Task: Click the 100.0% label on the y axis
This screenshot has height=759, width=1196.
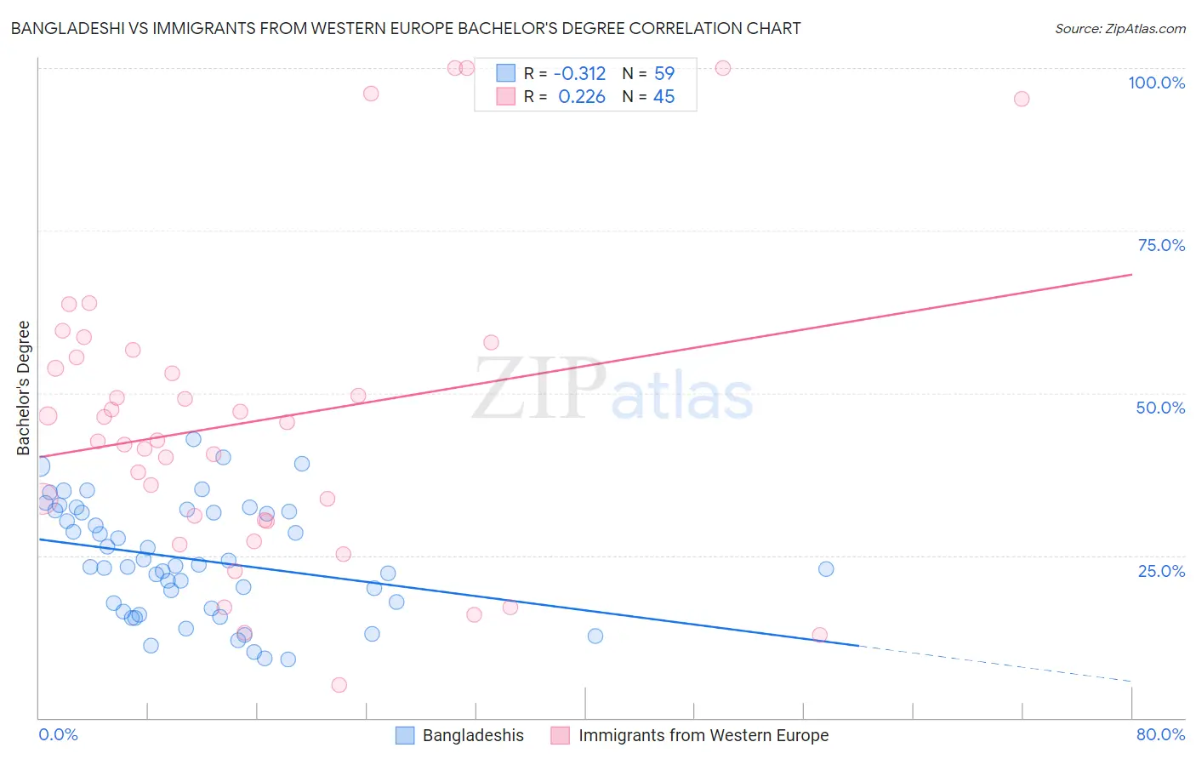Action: [1156, 83]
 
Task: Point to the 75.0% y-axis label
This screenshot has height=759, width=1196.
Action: [1161, 245]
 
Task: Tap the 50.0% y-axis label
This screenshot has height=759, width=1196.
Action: [1160, 408]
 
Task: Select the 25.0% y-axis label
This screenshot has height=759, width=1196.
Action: [1161, 570]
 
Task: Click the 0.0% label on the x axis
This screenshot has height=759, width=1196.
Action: [58, 734]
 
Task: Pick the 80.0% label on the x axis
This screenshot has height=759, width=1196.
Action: [1160, 734]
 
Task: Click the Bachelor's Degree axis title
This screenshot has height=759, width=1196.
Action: [24, 388]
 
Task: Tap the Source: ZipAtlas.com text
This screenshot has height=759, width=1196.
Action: [1119, 28]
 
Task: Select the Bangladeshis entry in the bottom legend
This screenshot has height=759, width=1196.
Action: [472, 735]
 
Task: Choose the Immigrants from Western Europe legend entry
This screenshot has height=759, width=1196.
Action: [703, 735]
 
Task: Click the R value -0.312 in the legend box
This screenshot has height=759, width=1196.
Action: [579, 74]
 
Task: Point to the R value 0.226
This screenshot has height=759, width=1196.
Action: [582, 97]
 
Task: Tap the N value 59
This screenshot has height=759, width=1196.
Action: [664, 74]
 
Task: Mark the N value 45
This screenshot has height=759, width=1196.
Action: [663, 97]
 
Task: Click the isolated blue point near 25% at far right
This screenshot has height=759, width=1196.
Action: [826, 569]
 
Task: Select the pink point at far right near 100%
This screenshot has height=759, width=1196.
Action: [1022, 99]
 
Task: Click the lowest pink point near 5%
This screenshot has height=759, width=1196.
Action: [339, 685]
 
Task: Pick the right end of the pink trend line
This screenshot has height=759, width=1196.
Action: [1131, 275]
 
